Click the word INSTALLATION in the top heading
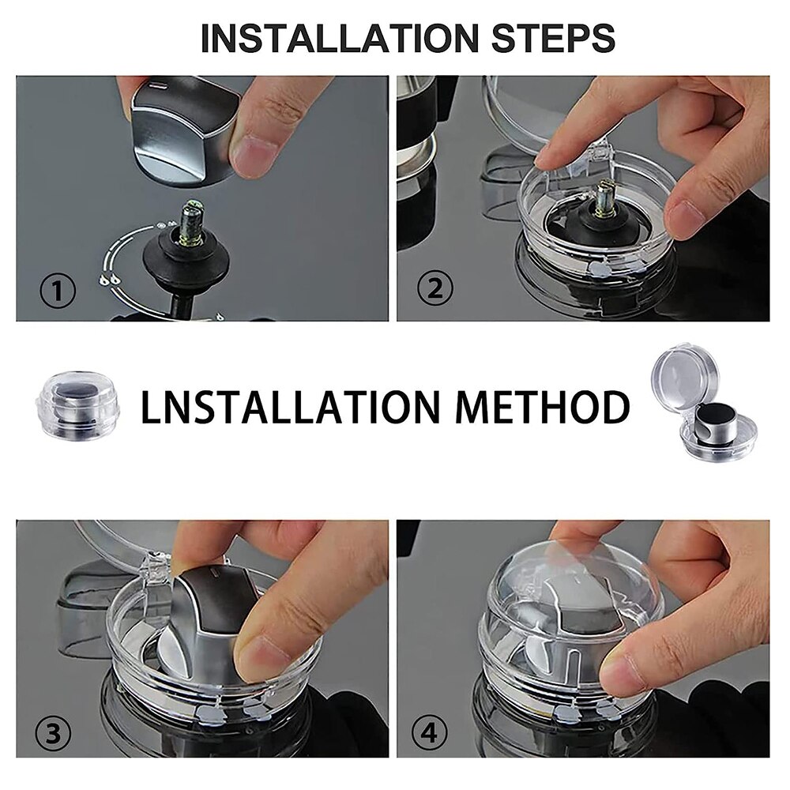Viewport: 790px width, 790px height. click(340, 37)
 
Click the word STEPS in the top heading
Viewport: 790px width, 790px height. click(553, 37)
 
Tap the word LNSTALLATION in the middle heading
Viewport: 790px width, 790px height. click(291, 406)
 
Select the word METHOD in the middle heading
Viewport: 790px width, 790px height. click(543, 406)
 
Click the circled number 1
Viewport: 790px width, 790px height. click(58, 292)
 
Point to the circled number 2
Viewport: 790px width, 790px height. click(435, 288)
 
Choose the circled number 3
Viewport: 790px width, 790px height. click(54, 733)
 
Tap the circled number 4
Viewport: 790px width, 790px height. click(429, 733)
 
